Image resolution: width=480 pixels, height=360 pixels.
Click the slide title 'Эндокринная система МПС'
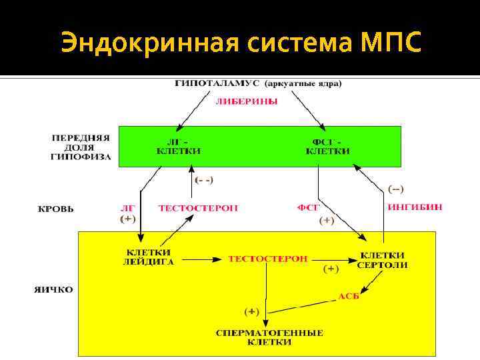click(241, 44)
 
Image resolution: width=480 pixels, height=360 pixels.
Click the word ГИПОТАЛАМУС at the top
click(217, 84)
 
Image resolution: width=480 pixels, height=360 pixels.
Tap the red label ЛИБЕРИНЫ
click(246, 102)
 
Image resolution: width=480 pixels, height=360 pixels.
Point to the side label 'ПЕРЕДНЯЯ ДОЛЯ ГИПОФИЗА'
click(81, 147)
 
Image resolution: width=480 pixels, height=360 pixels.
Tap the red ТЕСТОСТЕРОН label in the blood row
click(198, 208)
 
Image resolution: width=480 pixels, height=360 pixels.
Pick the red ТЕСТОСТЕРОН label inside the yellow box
click(268, 258)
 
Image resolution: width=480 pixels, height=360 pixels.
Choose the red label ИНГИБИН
click(415, 207)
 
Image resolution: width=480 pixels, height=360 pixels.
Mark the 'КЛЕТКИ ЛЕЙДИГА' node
click(150, 257)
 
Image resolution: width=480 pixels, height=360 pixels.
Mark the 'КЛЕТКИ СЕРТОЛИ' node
click(382, 260)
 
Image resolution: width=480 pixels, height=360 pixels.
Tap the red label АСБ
click(349, 295)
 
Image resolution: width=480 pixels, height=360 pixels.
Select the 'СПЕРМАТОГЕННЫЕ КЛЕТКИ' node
click(269, 337)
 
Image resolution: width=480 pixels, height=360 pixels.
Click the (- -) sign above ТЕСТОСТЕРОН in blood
click(204, 180)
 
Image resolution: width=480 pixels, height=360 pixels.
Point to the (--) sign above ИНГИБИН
click(396, 189)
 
